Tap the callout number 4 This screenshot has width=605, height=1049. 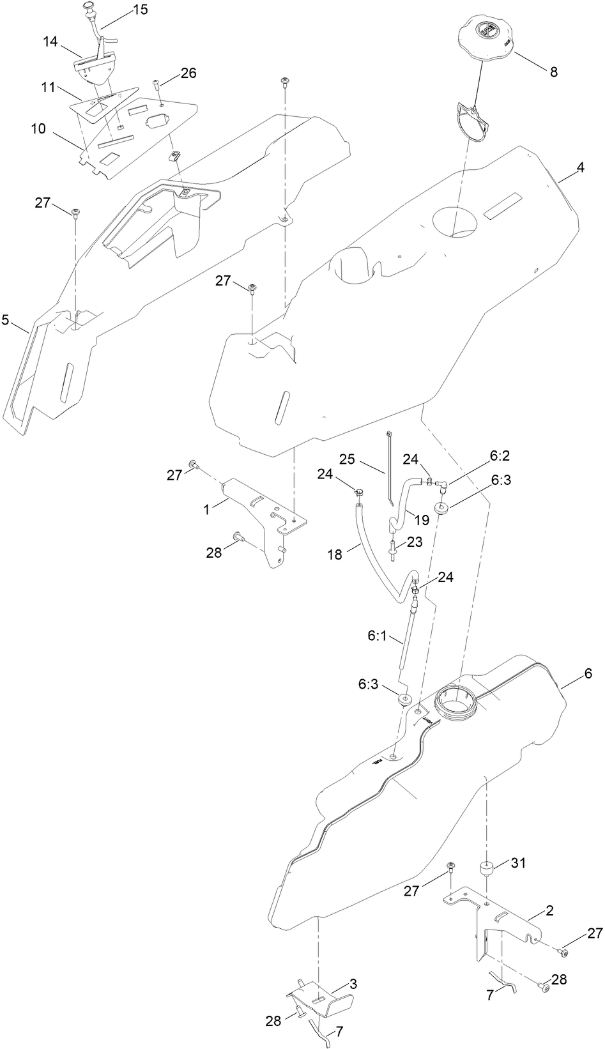click(580, 167)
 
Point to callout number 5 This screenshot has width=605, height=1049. click(6, 320)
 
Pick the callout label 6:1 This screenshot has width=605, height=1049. click(377, 636)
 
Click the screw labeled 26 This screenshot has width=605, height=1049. click(157, 85)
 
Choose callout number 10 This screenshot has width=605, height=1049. click(38, 128)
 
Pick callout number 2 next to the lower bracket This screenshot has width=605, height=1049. click(549, 910)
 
